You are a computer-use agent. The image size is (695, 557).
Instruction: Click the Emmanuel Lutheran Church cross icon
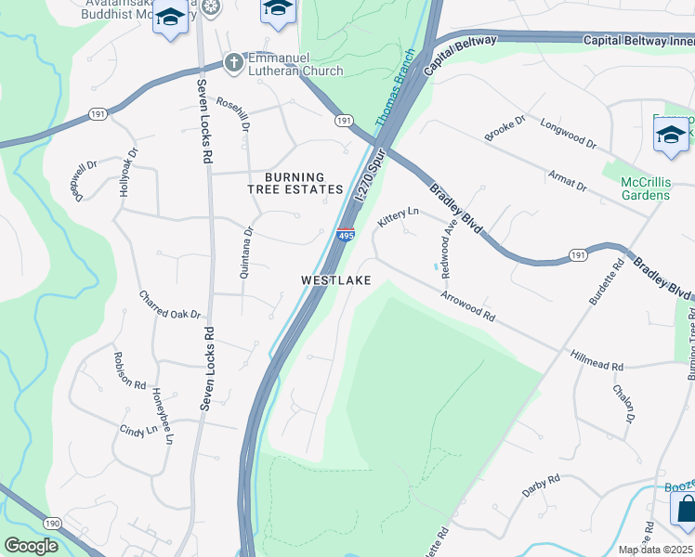(x=234, y=63)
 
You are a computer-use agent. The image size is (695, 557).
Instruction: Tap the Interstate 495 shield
(x=345, y=236)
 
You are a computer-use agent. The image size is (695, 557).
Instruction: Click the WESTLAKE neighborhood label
(x=335, y=280)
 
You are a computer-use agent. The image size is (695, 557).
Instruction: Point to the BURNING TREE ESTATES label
(x=295, y=183)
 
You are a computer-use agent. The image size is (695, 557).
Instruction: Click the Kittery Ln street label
(x=400, y=218)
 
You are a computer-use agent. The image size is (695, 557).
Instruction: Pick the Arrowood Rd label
(x=467, y=305)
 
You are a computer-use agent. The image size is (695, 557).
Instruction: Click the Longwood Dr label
(x=568, y=134)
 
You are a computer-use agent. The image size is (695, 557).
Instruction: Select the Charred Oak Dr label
(x=170, y=305)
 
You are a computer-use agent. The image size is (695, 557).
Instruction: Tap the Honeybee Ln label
(x=163, y=415)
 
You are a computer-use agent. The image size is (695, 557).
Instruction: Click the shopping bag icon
(x=685, y=510)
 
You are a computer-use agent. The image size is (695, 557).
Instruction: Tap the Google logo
(x=32, y=546)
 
